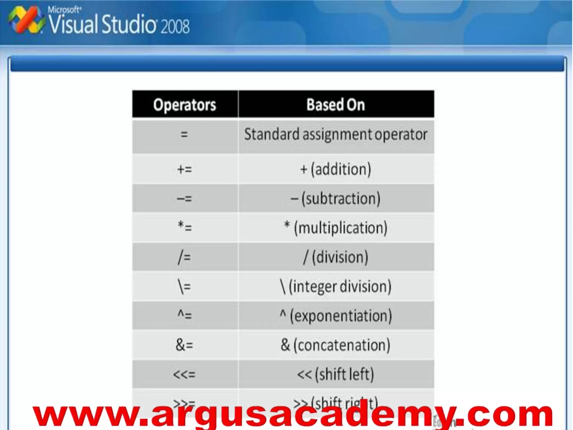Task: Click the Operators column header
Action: tap(185, 105)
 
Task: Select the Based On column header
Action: tap(336, 105)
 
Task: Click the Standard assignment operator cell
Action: tap(336, 135)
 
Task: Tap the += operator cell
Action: tap(185, 169)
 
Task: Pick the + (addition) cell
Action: tap(336, 169)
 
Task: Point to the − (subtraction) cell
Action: tap(336, 198)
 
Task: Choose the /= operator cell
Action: tap(185, 257)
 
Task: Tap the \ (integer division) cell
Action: tap(336, 286)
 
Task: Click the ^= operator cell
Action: tap(185, 316)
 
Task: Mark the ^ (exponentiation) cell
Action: tap(336, 316)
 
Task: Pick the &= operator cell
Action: tap(185, 345)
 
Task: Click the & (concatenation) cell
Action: tap(336, 345)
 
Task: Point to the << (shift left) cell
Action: tap(336, 374)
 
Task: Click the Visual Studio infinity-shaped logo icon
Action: tap(26, 20)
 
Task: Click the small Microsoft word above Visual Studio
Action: tap(64, 10)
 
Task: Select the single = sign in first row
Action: tap(184, 135)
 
